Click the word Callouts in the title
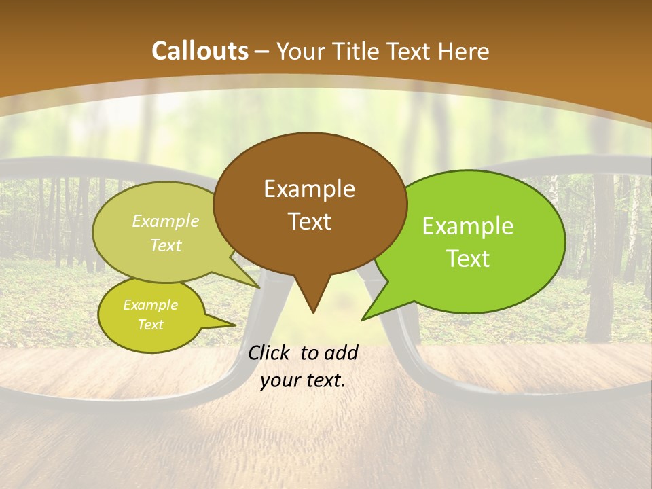pyautogui.click(x=200, y=51)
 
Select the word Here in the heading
pyautogui.click(x=464, y=51)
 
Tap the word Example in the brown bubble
pyautogui.click(x=309, y=189)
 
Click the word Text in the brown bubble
pyautogui.click(x=309, y=221)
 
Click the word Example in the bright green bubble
pyautogui.click(x=468, y=226)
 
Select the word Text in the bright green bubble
pyautogui.click(x=468, y=259)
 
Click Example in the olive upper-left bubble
pyautogui.click(x=165, y=221)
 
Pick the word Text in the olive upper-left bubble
pyautogui.click(x=165, y=246)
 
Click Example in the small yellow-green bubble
pyautogui.click(x=150, y=305)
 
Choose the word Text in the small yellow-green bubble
pyautogui.click(x=150, y=325)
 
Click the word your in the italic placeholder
pyautogui.click(x=278, y=380)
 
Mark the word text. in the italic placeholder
pyautogui.click(x=325, y=380)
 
